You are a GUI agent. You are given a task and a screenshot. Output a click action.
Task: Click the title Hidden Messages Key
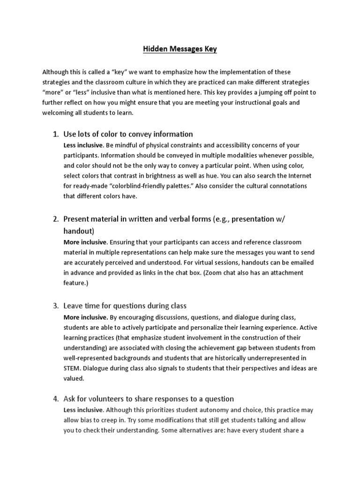click(x=180, y=49)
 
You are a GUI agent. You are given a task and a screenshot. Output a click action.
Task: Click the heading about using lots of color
click(x=128, y=134)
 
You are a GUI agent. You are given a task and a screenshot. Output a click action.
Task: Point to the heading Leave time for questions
click(x=125, y=306)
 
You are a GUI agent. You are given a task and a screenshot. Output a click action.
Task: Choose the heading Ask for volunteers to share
click(x=149, y=399)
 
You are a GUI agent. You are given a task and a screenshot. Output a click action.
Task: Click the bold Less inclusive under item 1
click(x=82, y=145)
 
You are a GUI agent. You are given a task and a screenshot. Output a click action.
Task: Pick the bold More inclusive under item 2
click(x=85, y=242)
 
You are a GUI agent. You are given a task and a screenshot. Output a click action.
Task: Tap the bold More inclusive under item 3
click(x=85, y=317)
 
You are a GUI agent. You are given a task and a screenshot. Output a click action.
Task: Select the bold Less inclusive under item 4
click(x=82, y=410)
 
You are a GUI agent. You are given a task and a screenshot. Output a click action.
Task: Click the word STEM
click(x=72, y=368)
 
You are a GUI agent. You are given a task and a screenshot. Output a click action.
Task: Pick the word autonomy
click(x=207, y=410)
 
